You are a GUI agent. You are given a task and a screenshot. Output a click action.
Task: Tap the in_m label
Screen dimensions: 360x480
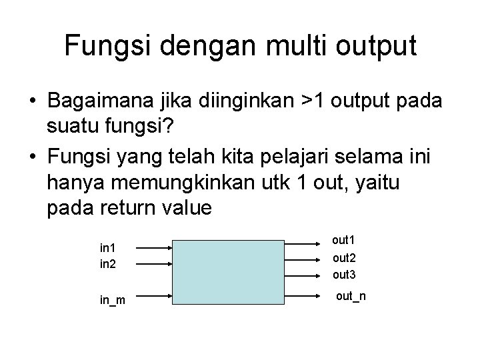(x=113, y=301)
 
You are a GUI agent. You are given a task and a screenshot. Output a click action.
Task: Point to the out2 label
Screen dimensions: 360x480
(x=343, y=258)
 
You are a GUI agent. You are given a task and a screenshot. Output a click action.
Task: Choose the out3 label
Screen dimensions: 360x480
(x=343, y=274)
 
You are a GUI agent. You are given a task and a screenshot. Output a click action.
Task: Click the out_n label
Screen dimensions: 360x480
(x=351, y=295)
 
